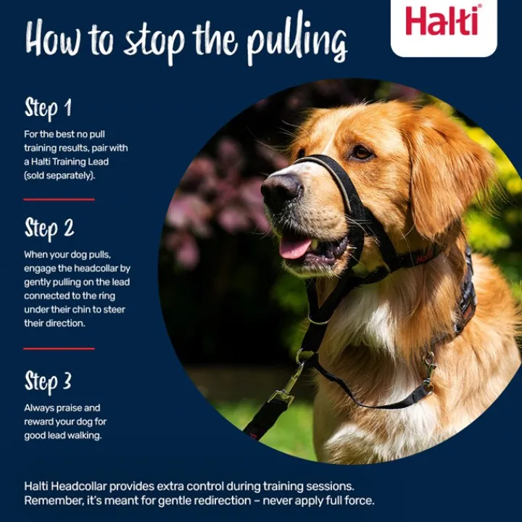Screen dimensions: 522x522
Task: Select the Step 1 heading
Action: (48, 108)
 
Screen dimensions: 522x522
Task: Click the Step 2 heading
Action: (49, 228)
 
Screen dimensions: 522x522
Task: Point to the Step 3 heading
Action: (48, 382)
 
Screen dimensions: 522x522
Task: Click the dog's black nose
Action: (281, 188)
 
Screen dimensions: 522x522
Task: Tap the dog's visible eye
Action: (362, 152)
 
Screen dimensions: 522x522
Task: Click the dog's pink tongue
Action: (294, 248)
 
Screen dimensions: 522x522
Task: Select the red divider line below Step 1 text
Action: (59, 199)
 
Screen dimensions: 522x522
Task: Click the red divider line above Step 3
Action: (59, 349)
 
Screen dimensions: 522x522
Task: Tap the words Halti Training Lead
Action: (70, 162)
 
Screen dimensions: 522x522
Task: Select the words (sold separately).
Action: (59, 175)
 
